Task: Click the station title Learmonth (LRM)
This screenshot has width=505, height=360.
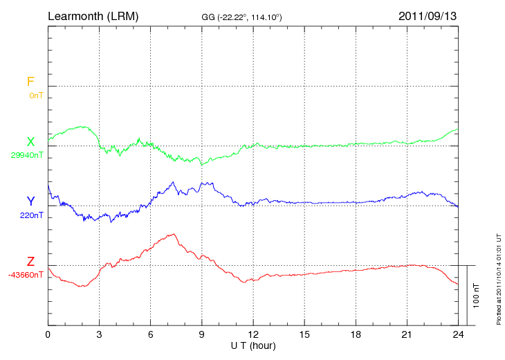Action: click(x=93, y=15)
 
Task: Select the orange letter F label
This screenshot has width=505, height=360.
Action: click(x=30, y=82)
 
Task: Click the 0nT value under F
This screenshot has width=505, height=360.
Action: click(x=35, y=95)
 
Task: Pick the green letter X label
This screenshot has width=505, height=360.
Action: click(x=30, y=142)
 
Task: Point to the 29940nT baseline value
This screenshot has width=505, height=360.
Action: click(x=26, y=155)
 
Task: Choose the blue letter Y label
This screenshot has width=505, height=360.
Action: click(x=30, y=201)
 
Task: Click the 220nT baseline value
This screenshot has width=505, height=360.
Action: click(x=32, y=215)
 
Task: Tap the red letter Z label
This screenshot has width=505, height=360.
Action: click(x=30, y=262)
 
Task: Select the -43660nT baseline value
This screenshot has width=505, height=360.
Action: click(x=26, y=275)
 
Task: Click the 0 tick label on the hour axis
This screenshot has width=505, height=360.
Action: click(x=48, y=334)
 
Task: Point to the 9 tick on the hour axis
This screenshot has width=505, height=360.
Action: click(x=201, y=334)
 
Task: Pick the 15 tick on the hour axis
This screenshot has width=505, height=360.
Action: click(x=304, y=334)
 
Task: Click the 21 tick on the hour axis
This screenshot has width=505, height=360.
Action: click(x=407, y=334)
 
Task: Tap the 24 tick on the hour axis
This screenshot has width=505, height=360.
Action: click(x=458, y=334)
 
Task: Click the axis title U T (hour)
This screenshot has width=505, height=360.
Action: click(x=252, y=345)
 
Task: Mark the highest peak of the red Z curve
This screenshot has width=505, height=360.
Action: click(x=173, y=234)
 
